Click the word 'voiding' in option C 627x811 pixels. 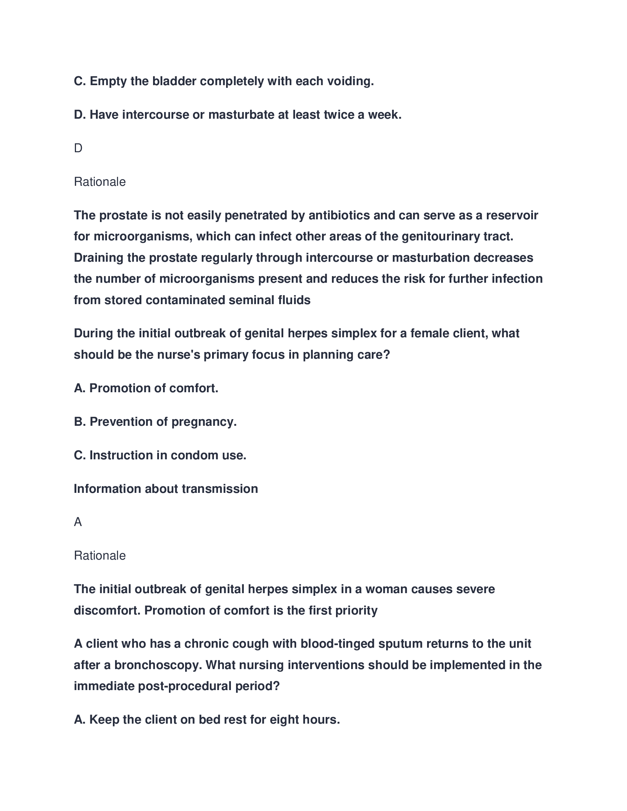(x=349, y=81)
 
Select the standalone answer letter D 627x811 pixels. (x=78, y=148)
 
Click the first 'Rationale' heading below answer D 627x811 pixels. (x=100, y=182)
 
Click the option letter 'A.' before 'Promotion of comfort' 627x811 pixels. (x=80, y=388)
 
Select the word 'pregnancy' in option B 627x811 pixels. (x=202, y=422)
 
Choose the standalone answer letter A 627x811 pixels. (x=78, y=522)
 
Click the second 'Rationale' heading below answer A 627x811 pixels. (x=100, y=556)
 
